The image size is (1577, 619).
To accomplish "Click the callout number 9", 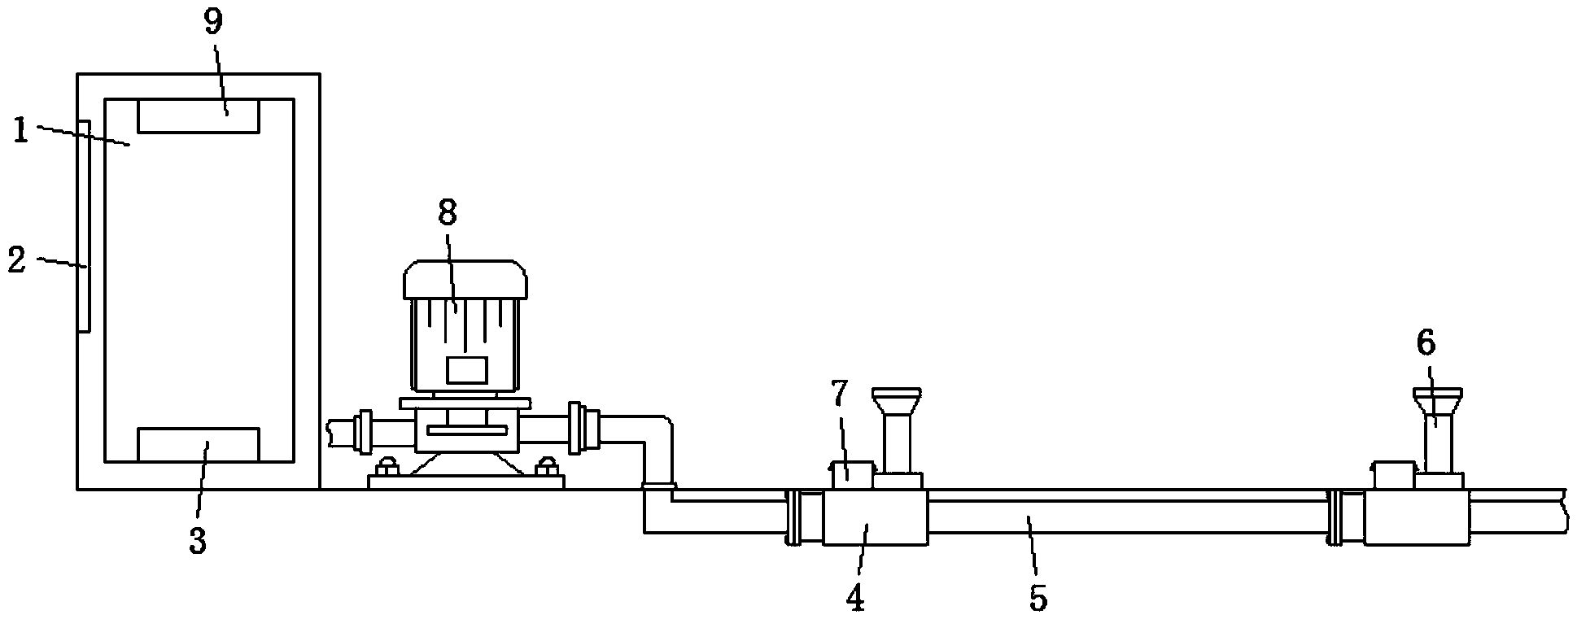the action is click(212, 23).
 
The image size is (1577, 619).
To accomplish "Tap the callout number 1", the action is click(21, 130).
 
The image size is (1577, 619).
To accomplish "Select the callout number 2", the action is click(17, 260).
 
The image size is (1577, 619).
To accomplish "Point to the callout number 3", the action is click(198, 540).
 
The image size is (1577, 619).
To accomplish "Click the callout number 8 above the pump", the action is click(448, 212).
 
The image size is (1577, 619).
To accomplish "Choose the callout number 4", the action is click(854, 598).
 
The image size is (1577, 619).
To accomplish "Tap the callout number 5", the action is click(1037, 598).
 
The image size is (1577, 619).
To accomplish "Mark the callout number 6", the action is click(1426, 343).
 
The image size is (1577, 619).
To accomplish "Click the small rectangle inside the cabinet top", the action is click(199, 116).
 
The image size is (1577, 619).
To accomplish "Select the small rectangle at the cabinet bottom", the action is click(199, 445).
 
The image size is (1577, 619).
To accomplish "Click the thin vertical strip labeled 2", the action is click(84, 226).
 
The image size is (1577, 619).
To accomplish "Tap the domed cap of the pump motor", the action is click(465, 279).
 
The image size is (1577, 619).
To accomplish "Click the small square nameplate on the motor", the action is click(466, 370).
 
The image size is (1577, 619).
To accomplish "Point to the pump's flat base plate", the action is click(465, 482).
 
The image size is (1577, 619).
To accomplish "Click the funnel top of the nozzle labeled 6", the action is click(1436, 401).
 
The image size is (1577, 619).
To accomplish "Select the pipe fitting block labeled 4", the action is click(876, 517).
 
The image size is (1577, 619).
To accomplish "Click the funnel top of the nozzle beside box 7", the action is click(897, 401).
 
